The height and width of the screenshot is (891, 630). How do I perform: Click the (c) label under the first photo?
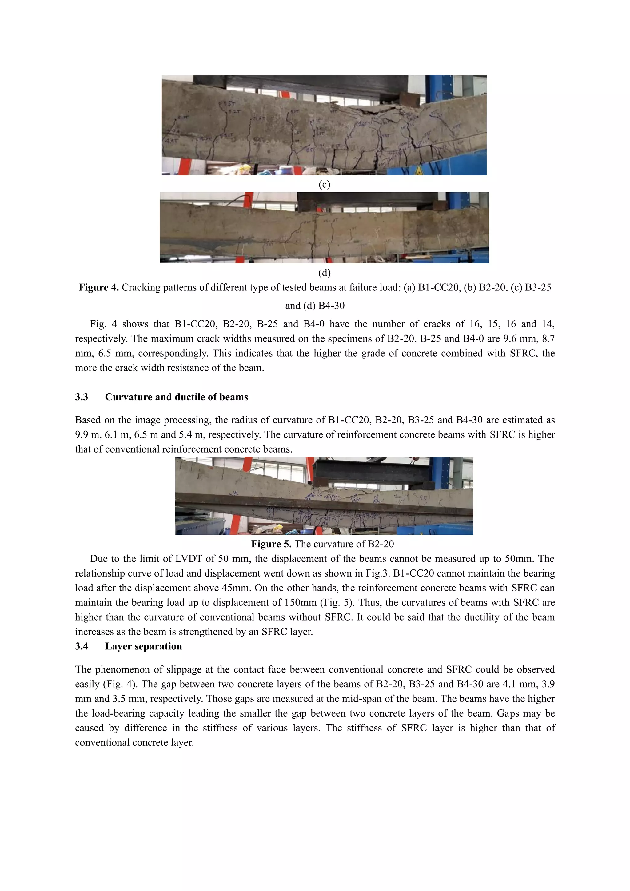point(324,184)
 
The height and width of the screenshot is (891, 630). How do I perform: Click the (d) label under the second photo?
point(324,273)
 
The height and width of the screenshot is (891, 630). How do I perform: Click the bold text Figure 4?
point(98,288)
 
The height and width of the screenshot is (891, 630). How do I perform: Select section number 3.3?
point(82,397)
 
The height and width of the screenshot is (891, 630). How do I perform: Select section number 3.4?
point(82,646)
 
